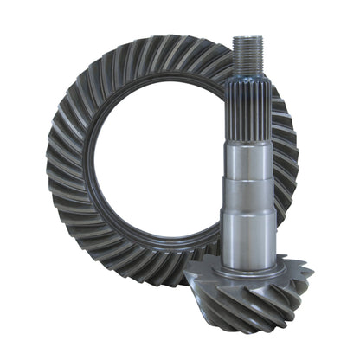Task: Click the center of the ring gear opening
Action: point(164,164)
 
